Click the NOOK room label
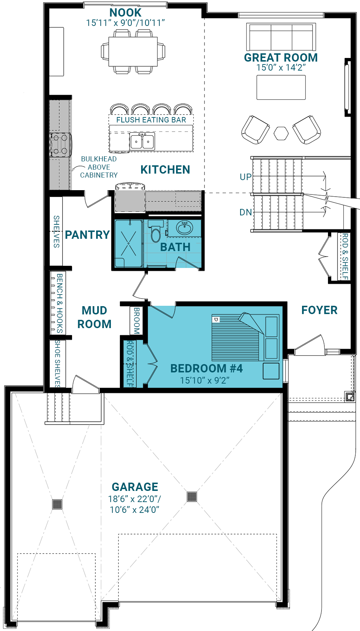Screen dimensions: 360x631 [125, 13]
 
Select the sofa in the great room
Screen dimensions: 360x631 [281, 37]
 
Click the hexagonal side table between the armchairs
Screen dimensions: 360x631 [281, 133]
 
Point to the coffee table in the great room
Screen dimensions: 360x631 [281, 87]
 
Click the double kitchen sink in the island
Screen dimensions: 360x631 [142, 141]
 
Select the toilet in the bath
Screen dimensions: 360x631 [156, 231]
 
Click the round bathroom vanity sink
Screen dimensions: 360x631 [185, 228]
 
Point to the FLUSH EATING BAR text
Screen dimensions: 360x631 [151, 120]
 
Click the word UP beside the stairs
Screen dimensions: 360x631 [246, 177]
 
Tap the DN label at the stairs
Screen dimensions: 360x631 [246, 212]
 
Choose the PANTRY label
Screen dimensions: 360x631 [87, 235]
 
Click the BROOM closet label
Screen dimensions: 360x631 [136, 321]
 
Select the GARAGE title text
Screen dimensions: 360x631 [135, 487]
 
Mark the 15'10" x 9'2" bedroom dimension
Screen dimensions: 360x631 [205, 380]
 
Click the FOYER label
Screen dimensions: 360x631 [319, 310]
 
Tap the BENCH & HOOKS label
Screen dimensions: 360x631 [60, 303]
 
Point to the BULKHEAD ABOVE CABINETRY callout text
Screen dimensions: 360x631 [99, 167]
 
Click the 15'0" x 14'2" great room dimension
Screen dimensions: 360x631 [281, 67]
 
